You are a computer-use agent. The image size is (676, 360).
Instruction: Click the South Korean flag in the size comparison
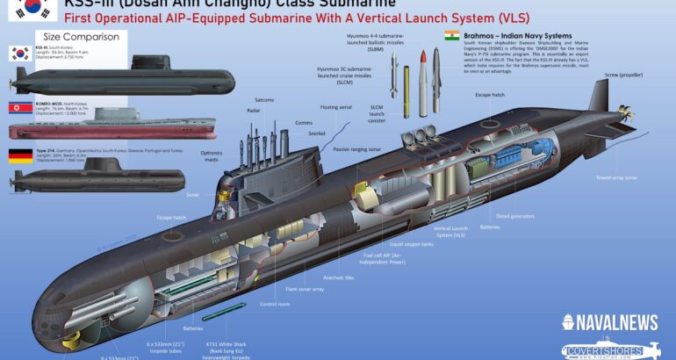pyautogui.click(x=20, y=53)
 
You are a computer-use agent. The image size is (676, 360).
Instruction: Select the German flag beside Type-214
pyautogui.click(x=20, y=156)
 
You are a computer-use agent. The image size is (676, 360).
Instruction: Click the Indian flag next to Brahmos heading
pyautogui.click(x=452, y=35)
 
